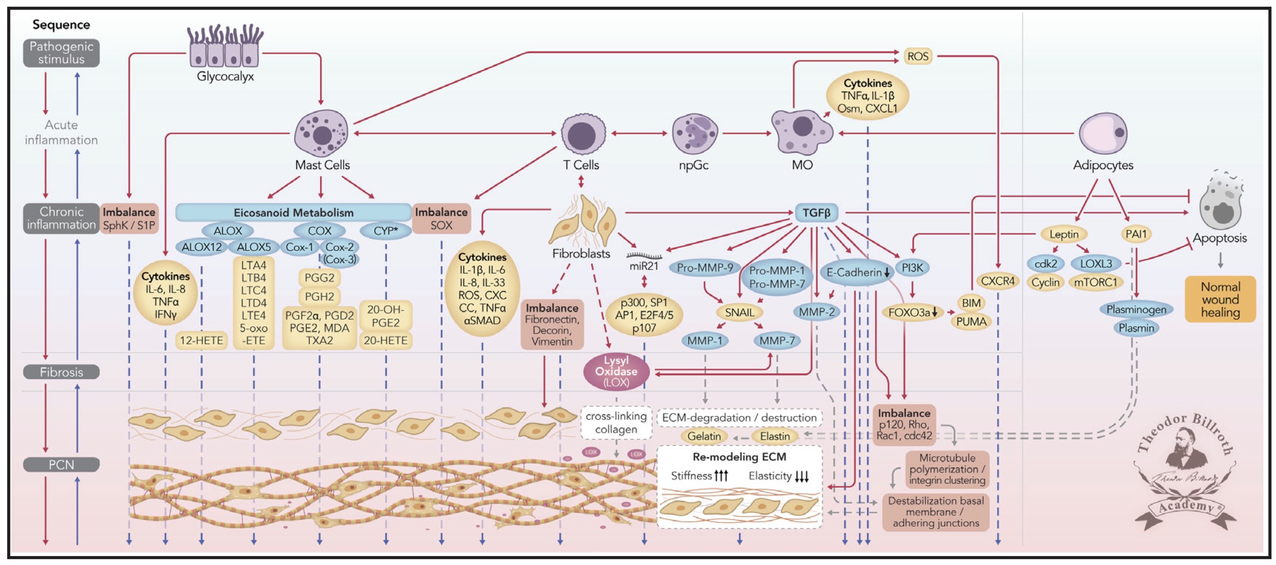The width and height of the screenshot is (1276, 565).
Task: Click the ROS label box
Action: point(917,56)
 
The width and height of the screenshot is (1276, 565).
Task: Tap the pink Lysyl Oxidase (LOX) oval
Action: point(616,371)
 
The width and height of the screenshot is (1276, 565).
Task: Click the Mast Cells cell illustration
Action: point(322,133)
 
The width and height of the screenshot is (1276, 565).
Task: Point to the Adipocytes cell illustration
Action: point(1103,133)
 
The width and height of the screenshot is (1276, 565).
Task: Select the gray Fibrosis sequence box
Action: point(61,372)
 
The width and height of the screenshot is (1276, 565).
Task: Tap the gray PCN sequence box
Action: point(61,464)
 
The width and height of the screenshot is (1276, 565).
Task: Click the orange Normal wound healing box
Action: point(1220,299)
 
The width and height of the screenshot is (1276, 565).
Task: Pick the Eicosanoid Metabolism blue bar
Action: point(293,212)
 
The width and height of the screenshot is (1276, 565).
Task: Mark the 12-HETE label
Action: point(201,340)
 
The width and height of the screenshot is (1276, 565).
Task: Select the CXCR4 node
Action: point(998,281)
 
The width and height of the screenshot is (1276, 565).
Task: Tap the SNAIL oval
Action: point(739,313)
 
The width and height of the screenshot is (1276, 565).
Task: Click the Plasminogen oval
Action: point(1136,309)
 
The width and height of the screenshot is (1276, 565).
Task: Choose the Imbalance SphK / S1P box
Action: point(129,218)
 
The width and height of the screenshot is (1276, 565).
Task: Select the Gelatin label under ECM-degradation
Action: point(704,436)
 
